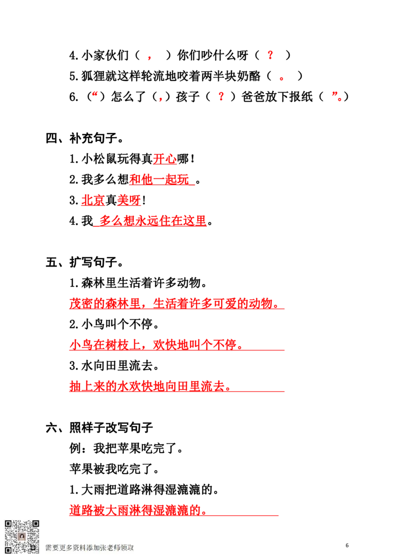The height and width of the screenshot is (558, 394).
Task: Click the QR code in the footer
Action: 22,536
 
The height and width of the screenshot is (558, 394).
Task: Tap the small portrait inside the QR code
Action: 22,536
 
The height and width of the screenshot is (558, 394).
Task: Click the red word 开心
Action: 164,159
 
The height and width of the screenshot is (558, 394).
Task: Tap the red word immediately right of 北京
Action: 129,201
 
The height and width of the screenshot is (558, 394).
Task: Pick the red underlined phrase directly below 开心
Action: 160,179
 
